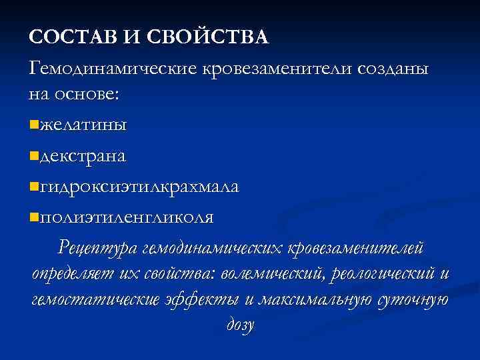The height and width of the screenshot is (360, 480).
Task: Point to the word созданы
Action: pyautogui.click(x=394, y=68)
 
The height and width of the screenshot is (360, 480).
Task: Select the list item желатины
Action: pyautogui.click(x=83, y=124)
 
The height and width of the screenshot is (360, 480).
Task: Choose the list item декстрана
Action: pyautogui.click(x=83, y=155)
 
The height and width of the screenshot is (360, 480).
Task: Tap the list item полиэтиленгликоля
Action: pyautogui.click(x=127, y=217)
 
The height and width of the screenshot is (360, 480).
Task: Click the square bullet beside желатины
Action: pyautogui.click(x=34, y=124)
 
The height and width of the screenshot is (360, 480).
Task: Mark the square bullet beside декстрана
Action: pyautogui.click(x=34, y=155)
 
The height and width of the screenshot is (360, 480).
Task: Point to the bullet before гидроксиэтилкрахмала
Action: pyautogui.click(x=34, y=186)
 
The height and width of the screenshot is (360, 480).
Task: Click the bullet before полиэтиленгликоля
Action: pyautogui.click(x=34, y=217)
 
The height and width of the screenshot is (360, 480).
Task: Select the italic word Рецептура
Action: pyautogui.click(x=99, y=249)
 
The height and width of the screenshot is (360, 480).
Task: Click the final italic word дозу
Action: pyautogui.click(x=240, y=326)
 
